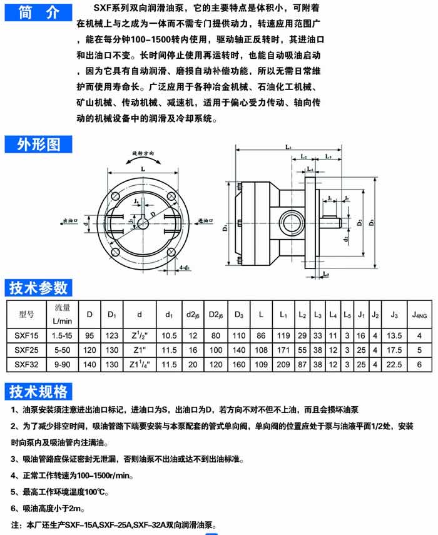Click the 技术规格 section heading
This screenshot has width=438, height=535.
tap(38, 392)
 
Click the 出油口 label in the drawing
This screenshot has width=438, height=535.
tap(70, 221)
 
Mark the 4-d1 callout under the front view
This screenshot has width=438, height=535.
tap(185, 268)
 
